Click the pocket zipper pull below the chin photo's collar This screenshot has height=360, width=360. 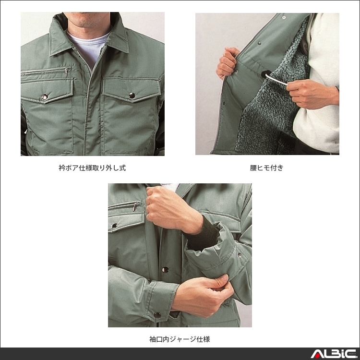[x=65, y=73]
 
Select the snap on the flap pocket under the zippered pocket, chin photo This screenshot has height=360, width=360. [x=45, y=97]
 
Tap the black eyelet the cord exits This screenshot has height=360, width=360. [x=264, y=75]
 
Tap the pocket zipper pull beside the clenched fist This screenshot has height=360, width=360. [x=135, y=206]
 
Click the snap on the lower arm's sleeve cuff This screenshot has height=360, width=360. [x=157, y=314]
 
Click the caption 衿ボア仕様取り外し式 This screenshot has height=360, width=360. [x=92, y=168]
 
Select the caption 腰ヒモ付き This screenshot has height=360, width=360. [x=267, y=168]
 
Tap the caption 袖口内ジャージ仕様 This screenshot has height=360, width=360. [x=180, y=339]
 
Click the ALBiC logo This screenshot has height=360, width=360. [x=331, y=354]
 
